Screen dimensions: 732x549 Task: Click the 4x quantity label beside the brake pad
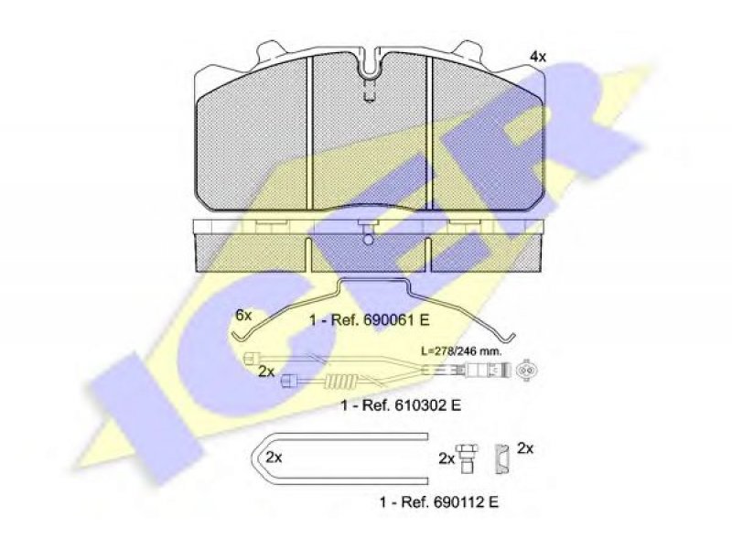[537, 57]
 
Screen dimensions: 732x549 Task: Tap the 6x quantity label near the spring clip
[243, 316]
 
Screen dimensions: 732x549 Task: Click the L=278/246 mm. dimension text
[461, 351]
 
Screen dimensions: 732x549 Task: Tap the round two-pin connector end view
[527, 371]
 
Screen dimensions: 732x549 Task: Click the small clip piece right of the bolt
[502, 458]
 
